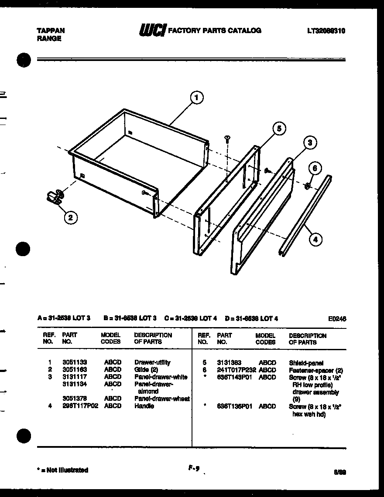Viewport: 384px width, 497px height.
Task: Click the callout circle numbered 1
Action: coord(197,98)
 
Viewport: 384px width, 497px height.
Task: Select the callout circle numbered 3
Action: coord(309,142)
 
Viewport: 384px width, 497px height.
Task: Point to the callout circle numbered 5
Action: coord(278,128)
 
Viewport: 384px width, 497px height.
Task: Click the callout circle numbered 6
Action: coord(315,168)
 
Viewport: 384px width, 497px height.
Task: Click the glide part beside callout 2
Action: coord(55,198)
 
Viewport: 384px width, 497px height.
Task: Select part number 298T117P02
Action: coord(80,406)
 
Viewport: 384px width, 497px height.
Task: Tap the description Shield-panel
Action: coord(306,362)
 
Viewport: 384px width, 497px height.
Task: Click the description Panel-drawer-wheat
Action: coord(162,399)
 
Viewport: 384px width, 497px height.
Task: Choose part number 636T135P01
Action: coord(235,406)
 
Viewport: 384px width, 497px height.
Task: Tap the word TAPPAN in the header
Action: coord(51,30)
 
